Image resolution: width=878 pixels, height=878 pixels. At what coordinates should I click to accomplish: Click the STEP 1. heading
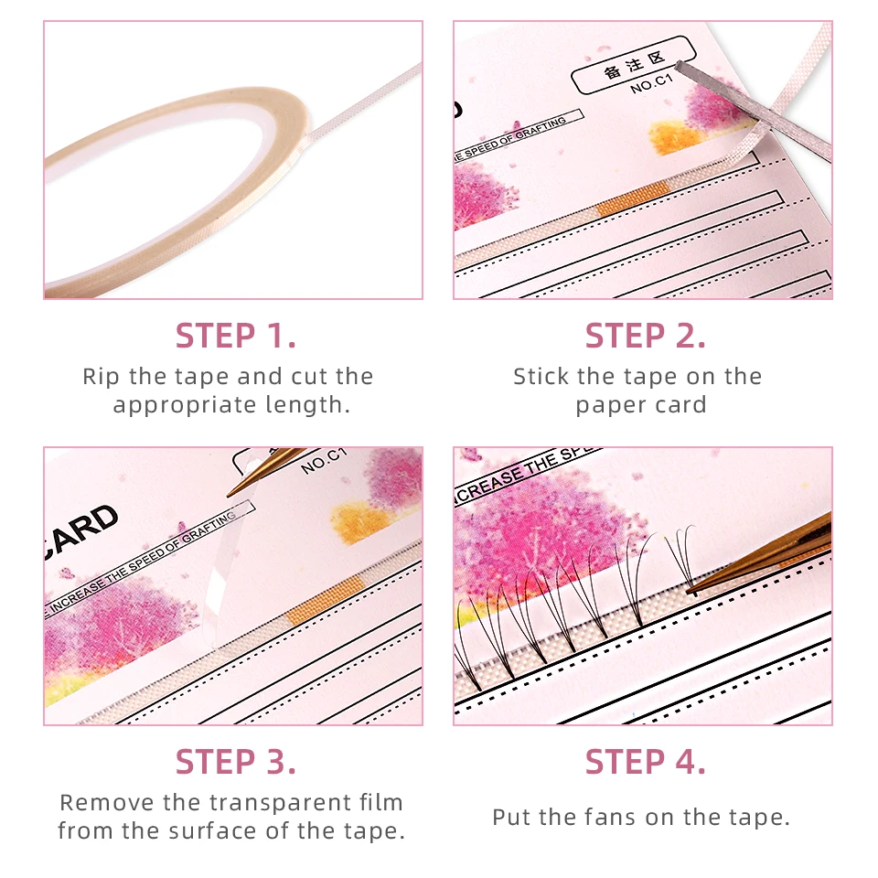(x=235, y=336)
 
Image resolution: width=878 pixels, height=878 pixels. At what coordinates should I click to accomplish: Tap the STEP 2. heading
(x=645, y=336)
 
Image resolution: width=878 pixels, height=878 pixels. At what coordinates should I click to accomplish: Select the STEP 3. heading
(x=235, y=761)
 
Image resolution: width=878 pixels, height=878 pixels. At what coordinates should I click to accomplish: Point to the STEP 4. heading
(x=645, y=761)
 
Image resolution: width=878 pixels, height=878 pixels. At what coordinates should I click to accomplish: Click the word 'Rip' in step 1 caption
(x=101, y=377)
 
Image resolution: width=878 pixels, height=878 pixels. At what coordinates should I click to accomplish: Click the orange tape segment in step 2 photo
(x=634, y=198)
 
